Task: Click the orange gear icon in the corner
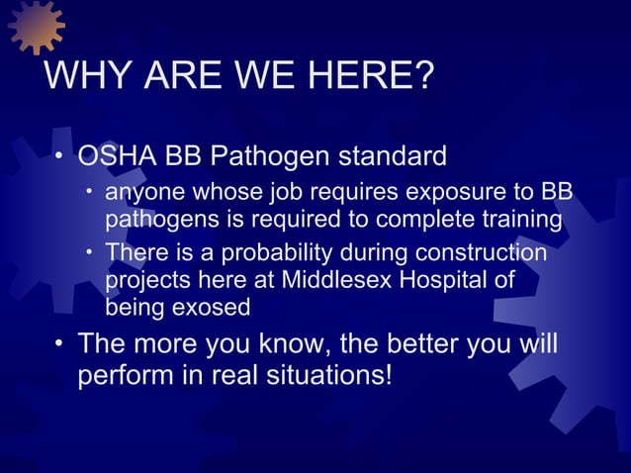tap(36, 25)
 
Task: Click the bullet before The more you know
tap(59, 345)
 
